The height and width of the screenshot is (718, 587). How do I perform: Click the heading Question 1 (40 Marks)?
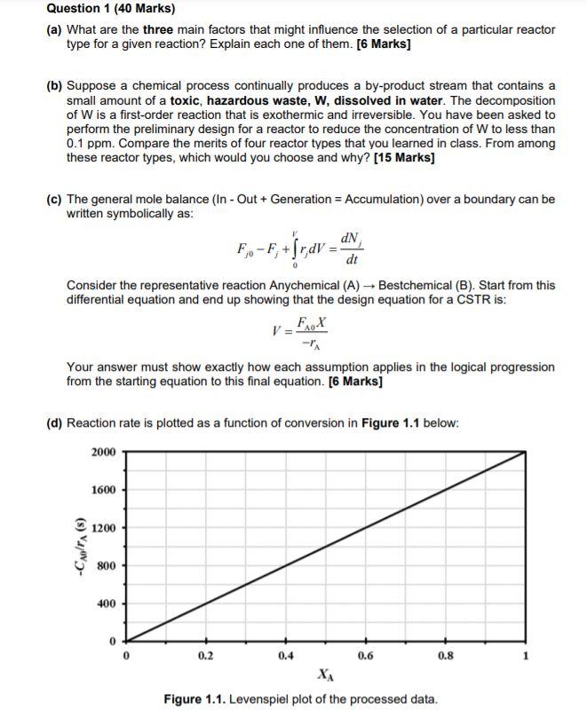99,9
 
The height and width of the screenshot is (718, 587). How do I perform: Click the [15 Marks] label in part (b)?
404,158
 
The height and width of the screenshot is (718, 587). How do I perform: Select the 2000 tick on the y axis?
103,452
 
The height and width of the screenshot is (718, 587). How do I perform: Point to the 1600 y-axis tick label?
103,491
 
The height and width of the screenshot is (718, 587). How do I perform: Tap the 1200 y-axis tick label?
103,529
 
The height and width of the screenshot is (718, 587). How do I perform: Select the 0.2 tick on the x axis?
206,657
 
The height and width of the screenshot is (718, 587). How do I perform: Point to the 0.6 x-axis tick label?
365,657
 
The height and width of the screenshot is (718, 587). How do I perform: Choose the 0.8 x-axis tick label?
444,657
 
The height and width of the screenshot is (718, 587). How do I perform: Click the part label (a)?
55,29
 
